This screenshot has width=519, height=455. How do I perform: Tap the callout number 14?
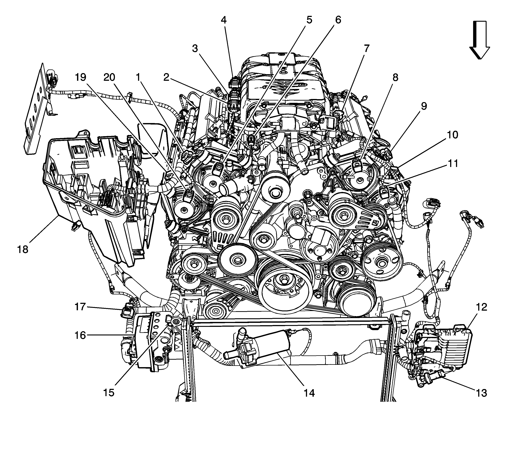(309, 393)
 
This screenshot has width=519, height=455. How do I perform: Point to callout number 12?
(481, 307)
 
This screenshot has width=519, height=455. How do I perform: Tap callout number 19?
(81, 77)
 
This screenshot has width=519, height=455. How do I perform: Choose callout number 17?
(80, 307)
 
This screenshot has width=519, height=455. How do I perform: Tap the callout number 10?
(452, 135)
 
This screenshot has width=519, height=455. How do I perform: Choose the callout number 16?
(80, 335)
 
